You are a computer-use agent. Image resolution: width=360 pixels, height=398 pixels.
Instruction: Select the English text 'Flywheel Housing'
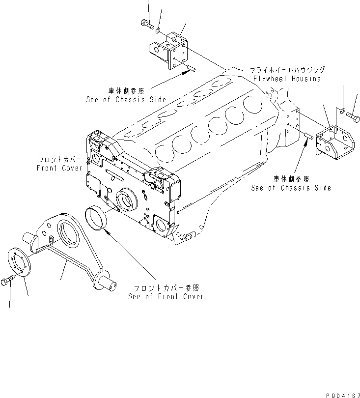coord(287,78)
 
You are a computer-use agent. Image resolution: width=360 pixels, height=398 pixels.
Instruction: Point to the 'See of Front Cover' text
coord(166,296)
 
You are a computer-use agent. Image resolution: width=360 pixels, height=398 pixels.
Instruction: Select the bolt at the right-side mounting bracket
coord(353,116)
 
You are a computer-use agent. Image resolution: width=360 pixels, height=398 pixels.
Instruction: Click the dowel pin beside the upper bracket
coord(192,69)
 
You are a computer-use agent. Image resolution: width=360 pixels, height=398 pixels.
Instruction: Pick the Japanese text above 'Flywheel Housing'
coord(287,70)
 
